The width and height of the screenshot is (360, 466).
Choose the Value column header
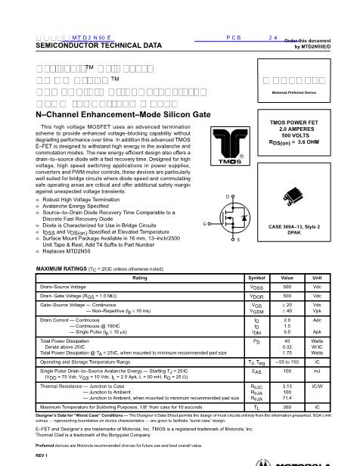tap(287, 257)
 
